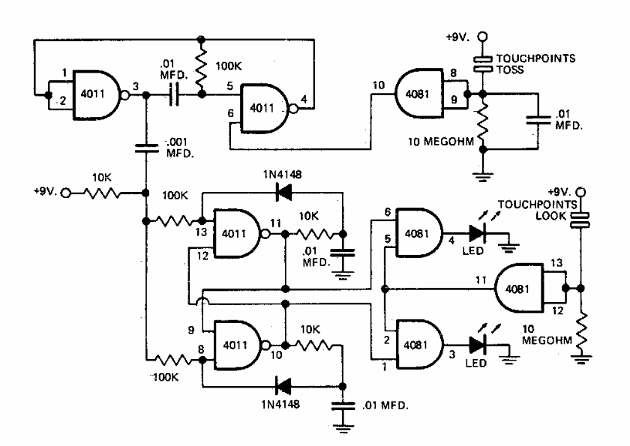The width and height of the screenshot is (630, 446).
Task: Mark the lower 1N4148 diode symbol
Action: [283, 387]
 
